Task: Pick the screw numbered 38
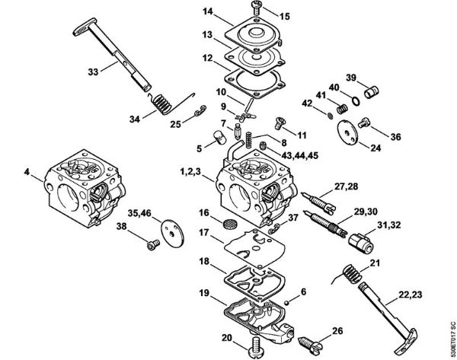[x=152, y=244]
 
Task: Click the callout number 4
[x=27, y=173]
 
